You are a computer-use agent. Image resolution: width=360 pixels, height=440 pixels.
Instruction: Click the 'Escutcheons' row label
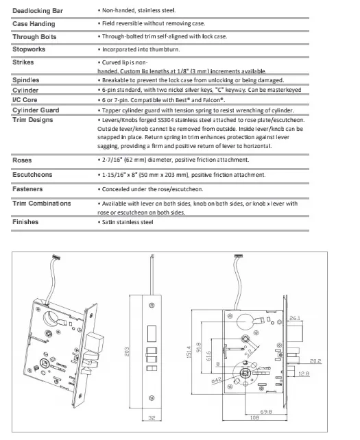point(32,174)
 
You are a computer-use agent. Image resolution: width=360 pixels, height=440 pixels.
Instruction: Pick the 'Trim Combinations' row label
point(41,204)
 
